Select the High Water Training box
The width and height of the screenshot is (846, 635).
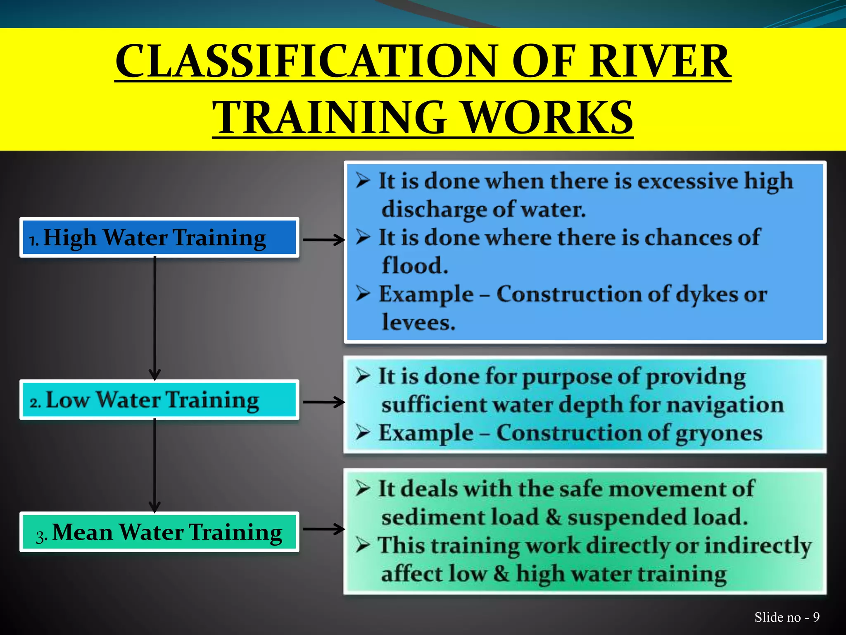[x=159, y=238]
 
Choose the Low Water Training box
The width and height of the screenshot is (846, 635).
[x=159, y=400]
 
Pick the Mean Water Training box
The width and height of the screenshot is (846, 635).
[x=159, y=532]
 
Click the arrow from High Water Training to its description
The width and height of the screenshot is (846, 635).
[x=324, y=239]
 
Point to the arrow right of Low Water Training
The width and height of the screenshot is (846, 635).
[x=324, y=402]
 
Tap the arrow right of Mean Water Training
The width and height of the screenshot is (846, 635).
[x=324, y=529]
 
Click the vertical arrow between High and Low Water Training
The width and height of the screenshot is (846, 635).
[x=155, y=318]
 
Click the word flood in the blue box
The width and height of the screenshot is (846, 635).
[x=414, y=265]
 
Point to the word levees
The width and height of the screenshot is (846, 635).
[x=418, y=322]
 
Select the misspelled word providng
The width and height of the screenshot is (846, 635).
[x=696, y=377]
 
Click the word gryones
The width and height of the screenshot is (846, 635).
[x=718, y=434]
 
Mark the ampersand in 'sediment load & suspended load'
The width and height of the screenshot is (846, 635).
[x=553, y=517]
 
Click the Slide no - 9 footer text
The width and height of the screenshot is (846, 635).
[x=787, y=617]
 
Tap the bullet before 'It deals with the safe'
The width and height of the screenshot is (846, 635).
[x=363, y=489]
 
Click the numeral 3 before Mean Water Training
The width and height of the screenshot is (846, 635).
[x=40, y=536]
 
